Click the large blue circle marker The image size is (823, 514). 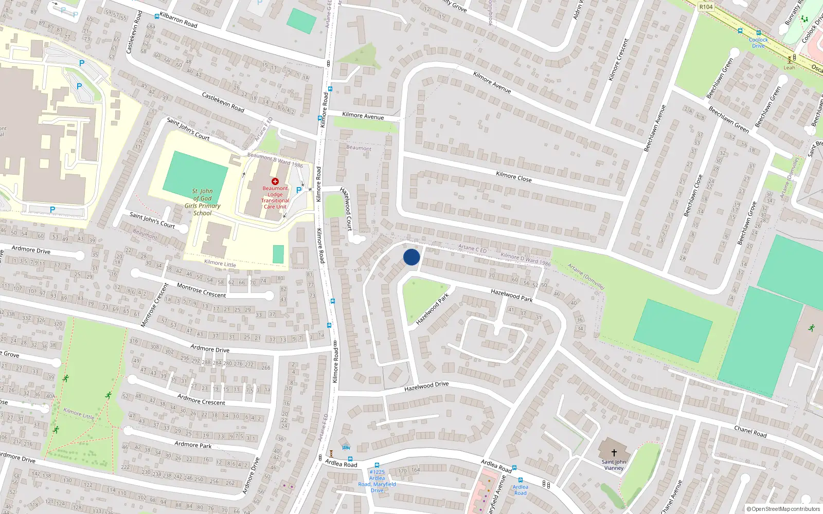pyautogui.click(x=411, y=257)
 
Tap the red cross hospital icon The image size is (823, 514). pyautogui.click(x=275, y=181)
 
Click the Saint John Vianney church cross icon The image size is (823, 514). pyautogui.click(x=614, y=453)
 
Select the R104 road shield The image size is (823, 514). pyautogui.click(x=706, y=7)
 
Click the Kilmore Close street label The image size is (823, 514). pyautogui.click(x=513, y=177)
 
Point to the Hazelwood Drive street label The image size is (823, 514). pyautogui.click(x=426, y=386)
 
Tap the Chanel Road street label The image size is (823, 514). pyautogui.click(x=750, y=432)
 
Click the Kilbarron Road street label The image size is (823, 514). pyautogui.click(x=178, y=20)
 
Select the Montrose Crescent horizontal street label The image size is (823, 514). pyautogui.click(x=201, y=290)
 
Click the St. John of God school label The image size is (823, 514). pyautogui.click(x=203, y=202)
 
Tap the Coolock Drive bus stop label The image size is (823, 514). pyautogui.click(x=758, y=43)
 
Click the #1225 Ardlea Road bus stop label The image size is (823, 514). pyautogui.click(x=377, y=481)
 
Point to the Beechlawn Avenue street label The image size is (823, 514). pyautogui.click(x=655, y=128)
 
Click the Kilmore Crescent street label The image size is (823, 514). pyautogui.click(x=618, y=60)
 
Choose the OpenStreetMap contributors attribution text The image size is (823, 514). pyautogui.click(x=783, y=509)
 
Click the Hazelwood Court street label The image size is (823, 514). pyautogui.click(x=347, y=208)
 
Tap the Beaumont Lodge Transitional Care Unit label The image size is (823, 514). pyautogui.click(x=275, y=197)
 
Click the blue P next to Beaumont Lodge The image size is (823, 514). pyautogui.click(x=299, y=190)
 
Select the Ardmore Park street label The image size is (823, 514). pyautogui.click(x=193, y=445)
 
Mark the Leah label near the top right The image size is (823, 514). pyautogui.click(x=789, y=67)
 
